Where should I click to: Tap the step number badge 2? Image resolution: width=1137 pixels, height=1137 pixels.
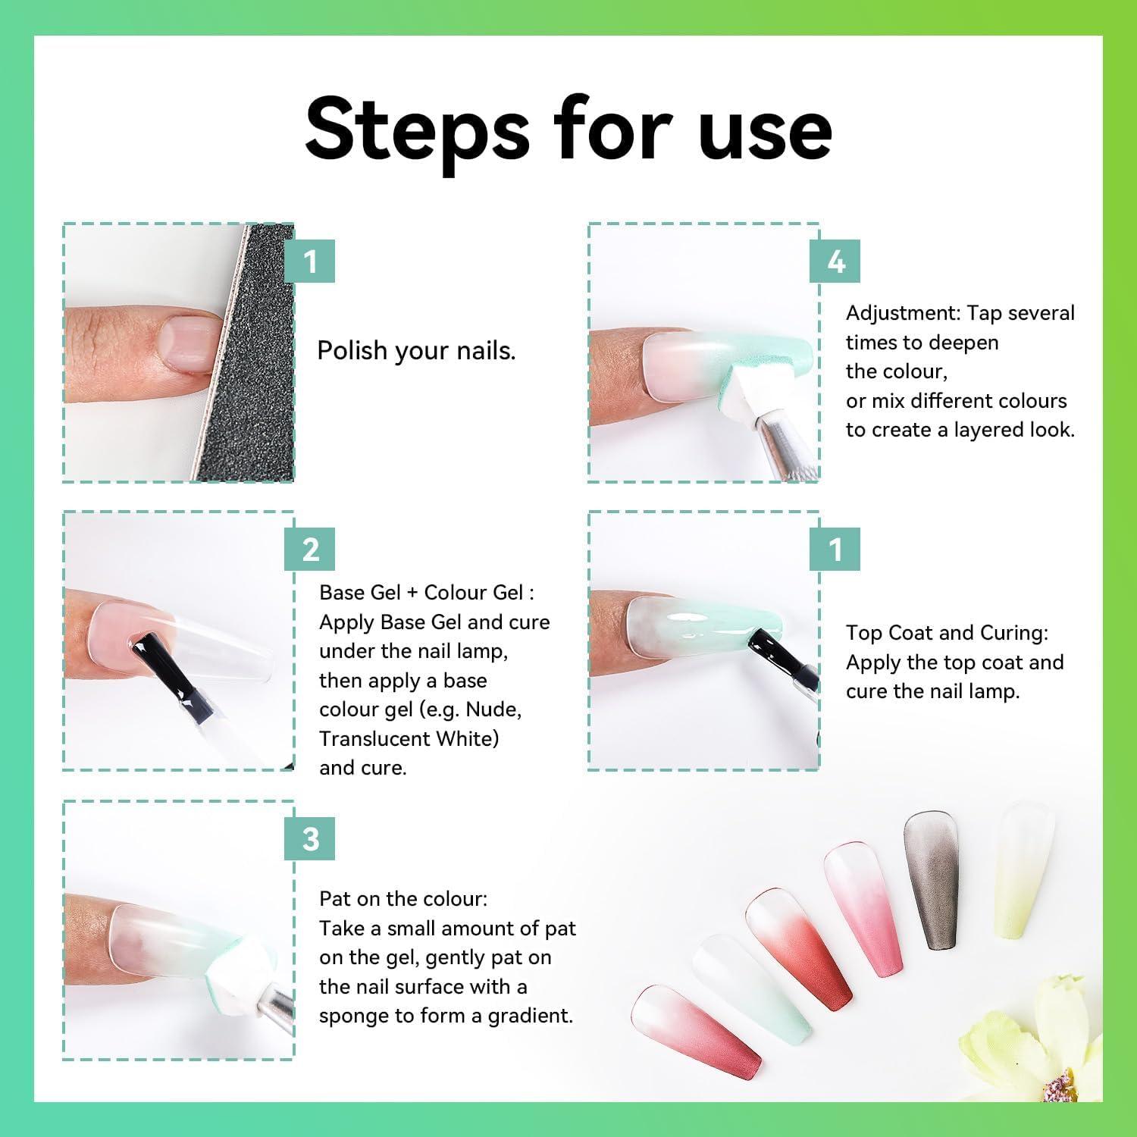coord(309,550)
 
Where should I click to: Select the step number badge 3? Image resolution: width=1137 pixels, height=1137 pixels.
coord(309,839)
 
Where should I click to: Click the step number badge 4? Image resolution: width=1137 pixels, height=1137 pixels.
coord(835,262)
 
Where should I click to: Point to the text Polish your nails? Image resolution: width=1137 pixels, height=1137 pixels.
coord(416,351)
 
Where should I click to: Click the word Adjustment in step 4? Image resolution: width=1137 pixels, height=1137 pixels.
coord(901,314)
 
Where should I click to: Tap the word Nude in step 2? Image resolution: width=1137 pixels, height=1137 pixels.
coord(493,710)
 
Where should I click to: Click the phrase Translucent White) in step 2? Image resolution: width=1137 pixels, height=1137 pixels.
coord(409,739)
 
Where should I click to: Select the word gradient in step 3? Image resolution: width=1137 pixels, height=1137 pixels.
coord(530,1016)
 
